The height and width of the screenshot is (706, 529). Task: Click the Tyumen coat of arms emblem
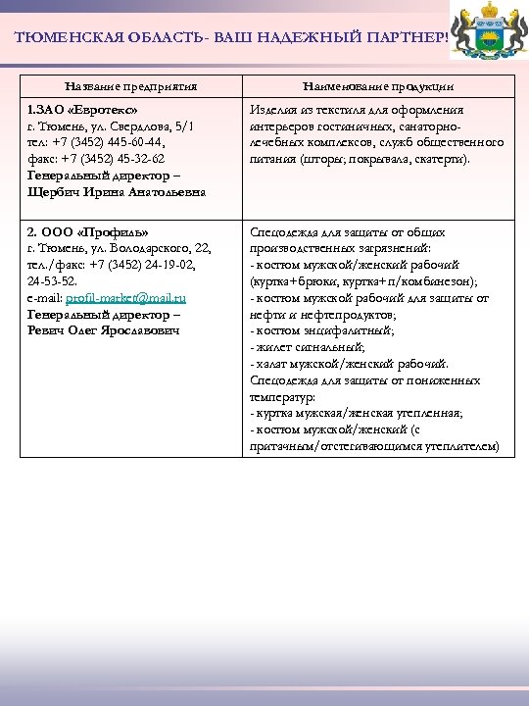[487, 33]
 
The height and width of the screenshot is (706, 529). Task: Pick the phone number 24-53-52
[49, 281]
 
